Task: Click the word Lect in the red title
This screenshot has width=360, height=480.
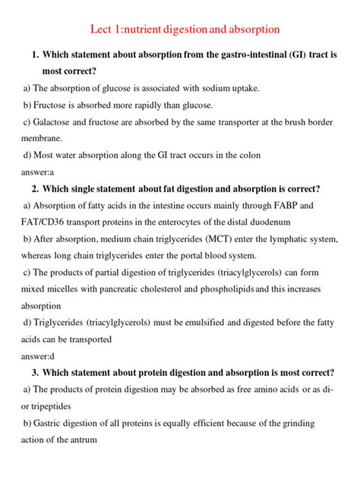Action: (103, 30)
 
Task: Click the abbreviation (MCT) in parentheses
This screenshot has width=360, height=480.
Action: (201, 238)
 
